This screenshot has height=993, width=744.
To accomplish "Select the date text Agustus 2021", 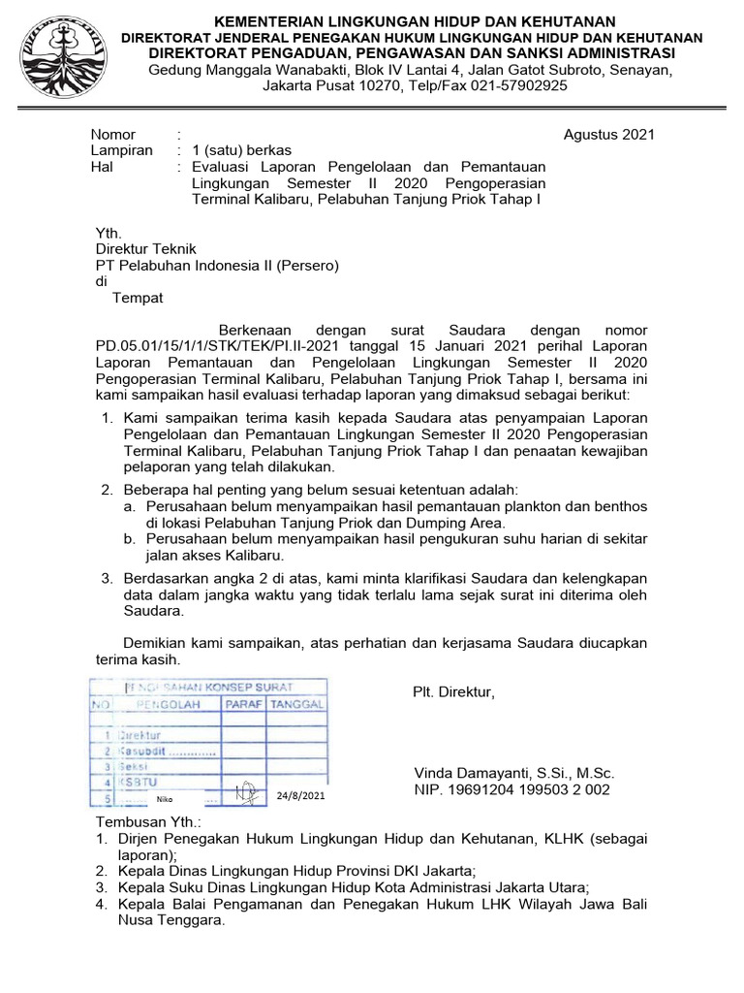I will pyautogui.click(x=609, y=135).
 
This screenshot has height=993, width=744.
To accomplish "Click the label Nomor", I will pyautogui.click(x=113, y=135).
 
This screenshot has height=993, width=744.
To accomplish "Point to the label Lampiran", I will pyautogui.click(x=121, y=150).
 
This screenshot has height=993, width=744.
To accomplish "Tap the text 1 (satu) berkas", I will pyautogui.click(x=241, y=150).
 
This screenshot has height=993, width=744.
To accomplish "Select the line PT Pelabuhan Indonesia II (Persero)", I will pyautogui.click(x=216, y=266).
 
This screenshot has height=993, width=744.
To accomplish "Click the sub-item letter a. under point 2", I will pyautogui.click(x=129, y=506).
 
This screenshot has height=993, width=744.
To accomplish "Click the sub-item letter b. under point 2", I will pyautogui.click(x=129, y=538).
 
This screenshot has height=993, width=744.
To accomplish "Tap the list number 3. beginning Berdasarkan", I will pyautogui.click(x=108, y=578).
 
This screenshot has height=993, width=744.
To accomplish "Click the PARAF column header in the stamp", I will pyautogui.click(x=243, y=704).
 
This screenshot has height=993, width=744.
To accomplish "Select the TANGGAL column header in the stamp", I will pyautogui.click(x=296, y=704).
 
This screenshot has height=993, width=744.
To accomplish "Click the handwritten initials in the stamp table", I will pyautogui.click(x=248, y=792).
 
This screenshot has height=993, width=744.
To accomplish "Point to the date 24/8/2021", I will pyautogui.click(x=300, y=796).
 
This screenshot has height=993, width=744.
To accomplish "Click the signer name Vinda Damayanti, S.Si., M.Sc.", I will pyautogui.click(x=514, y=773).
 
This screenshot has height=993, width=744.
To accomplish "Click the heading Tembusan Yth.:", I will pyautogui.click(x=148, y=821).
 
